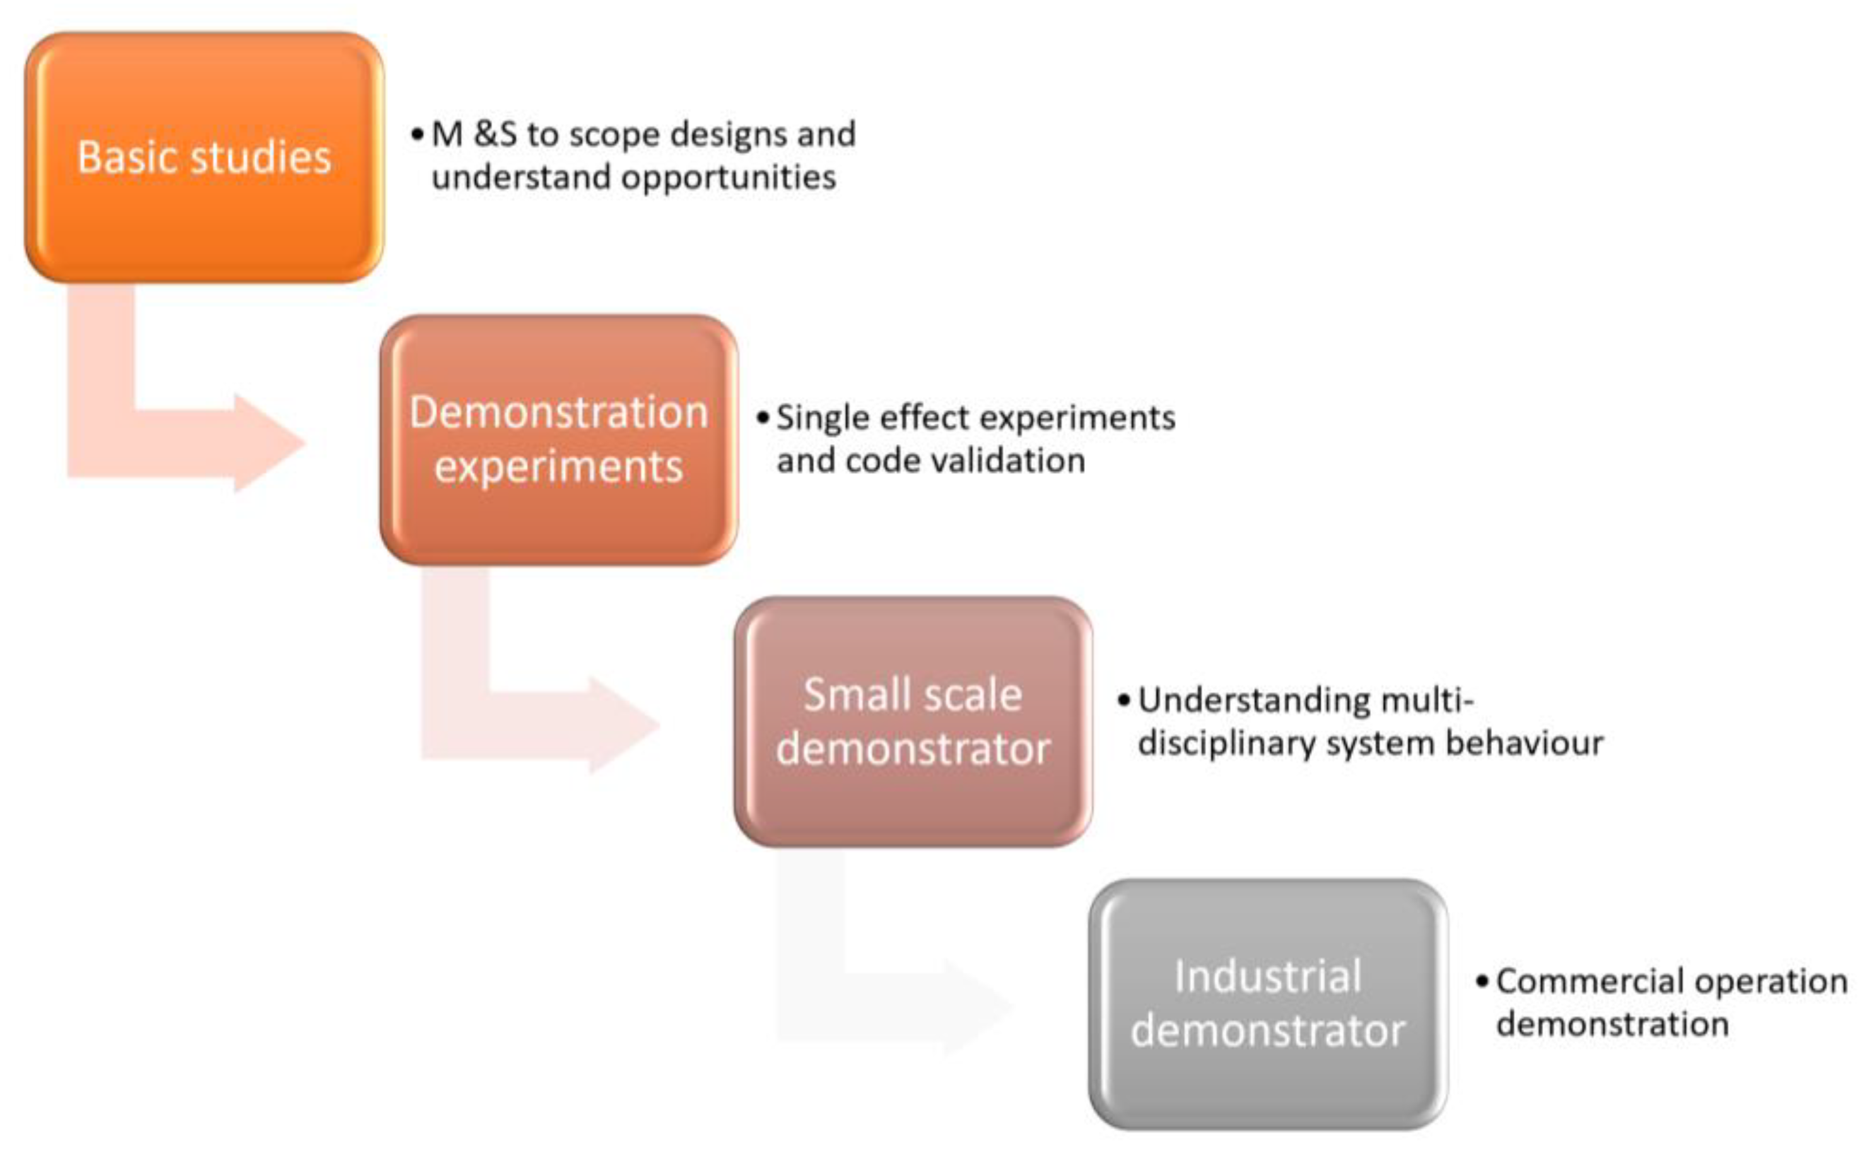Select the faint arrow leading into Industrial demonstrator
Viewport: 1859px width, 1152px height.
point(899,1006)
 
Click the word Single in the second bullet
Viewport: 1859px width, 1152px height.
point(822,418)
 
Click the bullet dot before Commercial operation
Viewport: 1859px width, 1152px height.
point(1482,981)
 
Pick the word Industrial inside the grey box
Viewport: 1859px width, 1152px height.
point(1267,977)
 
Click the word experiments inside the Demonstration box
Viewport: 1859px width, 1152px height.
point(558,467)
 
